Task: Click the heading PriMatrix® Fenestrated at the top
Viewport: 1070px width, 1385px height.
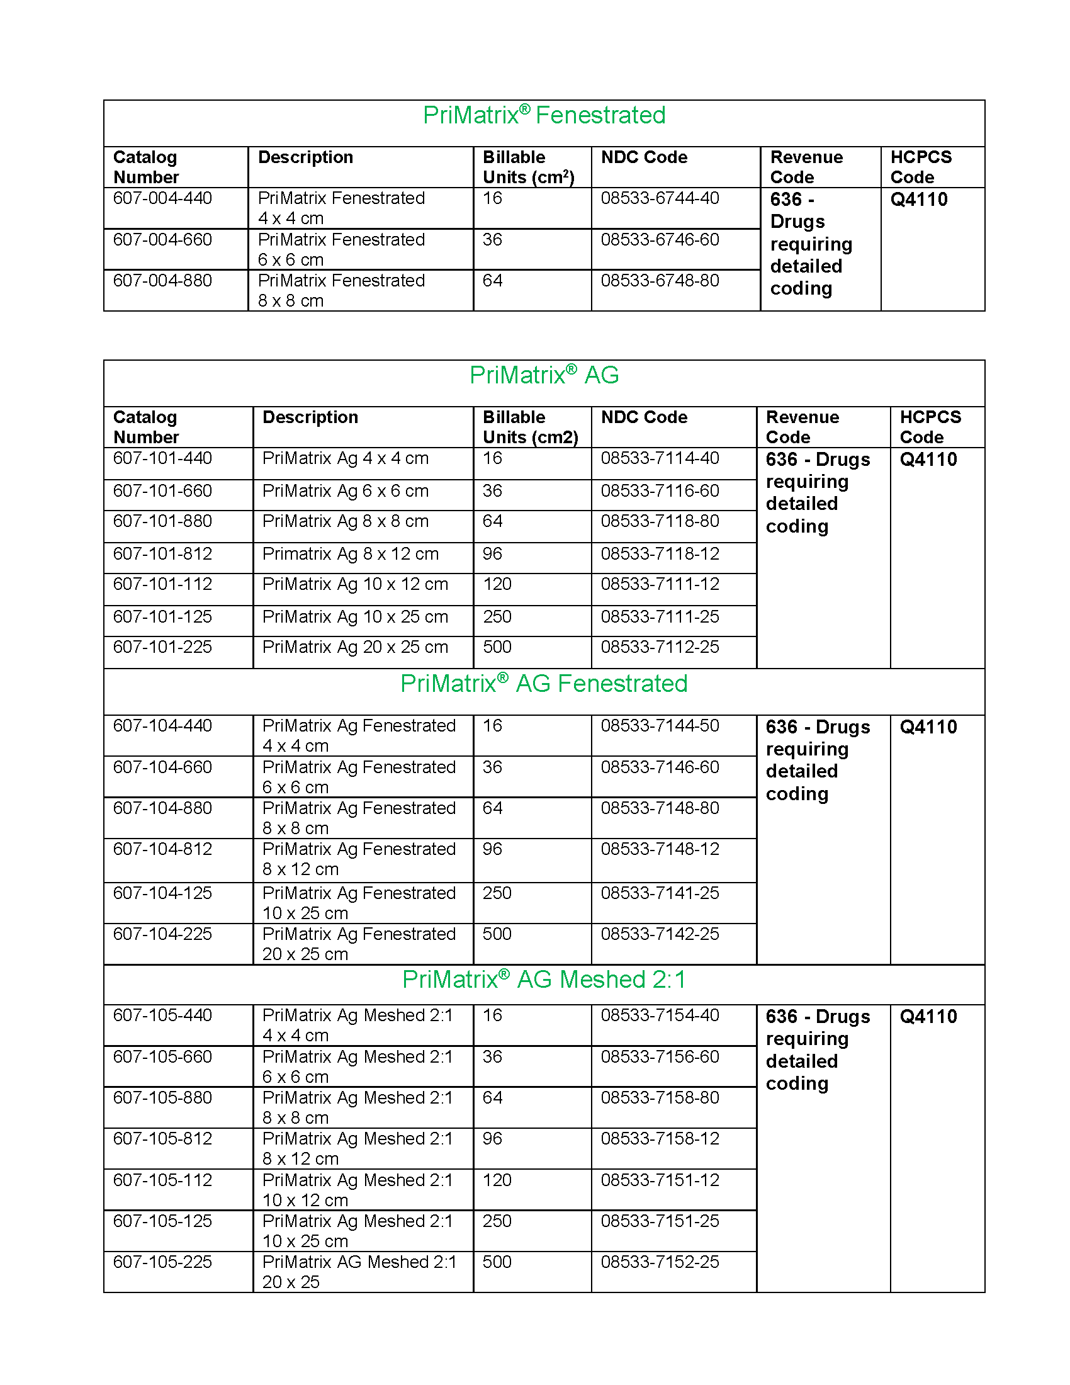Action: (x=544, y=115)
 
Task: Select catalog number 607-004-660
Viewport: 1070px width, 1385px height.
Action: (x=162, y=240)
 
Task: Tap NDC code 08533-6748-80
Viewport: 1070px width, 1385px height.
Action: (x=660, y=280)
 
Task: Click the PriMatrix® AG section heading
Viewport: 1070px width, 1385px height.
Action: (x=544, y=375)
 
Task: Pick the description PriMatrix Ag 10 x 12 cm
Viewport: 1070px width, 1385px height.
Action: (x=355, y=584)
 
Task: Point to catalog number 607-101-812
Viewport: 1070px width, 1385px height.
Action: (x=162, y=553)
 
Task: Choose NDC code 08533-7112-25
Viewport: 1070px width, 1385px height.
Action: (x=660, y=647)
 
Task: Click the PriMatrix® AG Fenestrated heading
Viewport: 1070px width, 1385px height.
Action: (x=544, y=684)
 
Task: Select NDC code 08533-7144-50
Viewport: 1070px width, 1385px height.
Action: (x=660, y=725)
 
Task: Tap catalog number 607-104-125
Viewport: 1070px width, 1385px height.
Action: (x=162, y=893)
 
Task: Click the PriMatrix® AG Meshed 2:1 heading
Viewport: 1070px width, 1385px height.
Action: (x=544, y=980)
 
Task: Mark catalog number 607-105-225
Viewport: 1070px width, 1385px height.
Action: (x=162, y=1262)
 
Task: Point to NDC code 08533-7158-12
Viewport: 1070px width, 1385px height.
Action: (x=660, y=1138)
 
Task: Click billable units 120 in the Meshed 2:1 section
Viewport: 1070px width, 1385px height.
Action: (x=497, y=1180)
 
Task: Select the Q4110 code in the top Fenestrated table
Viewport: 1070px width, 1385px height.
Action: (x=918, y=200)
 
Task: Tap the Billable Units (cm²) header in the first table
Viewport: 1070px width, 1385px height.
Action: (x=528, y=167)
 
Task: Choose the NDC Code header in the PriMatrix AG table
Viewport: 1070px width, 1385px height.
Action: (x=644, y=417)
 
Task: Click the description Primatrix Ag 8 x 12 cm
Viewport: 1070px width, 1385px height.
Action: (x=350, y=553)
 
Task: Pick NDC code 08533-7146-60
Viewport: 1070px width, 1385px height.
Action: (x=660, y=767)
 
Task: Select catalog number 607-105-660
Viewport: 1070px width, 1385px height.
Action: (x=162, y=1056)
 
